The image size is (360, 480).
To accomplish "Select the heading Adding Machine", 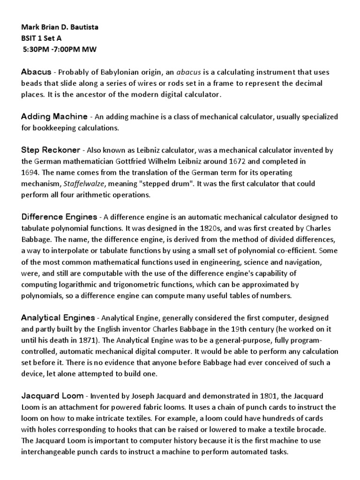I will click(x=54, y=116).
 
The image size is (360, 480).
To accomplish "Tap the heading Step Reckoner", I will click(x=52, y=150).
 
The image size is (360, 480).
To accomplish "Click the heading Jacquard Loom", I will click(x=52, y=396).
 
